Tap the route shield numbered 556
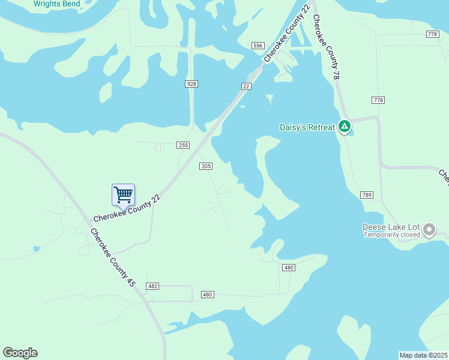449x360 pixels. pyautogui.click(x=258, y=46)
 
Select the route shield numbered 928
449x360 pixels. pyautogui.click(x=191, y=84)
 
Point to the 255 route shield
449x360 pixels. pyautogui.click(x=183, y=145)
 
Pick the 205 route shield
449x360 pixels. pyautogui.click(x=206, y=166)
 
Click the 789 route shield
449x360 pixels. pyautogui.click(x=367, y=195)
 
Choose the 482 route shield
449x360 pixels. pyautogui.click(x=152, y=286)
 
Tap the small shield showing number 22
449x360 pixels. pyautogui.click(x=246, y=86)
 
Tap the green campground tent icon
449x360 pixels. pyautogui.click(x=345, y=127)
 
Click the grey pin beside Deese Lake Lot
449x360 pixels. pyautogui.click(x=429, y=229)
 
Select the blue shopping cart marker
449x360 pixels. pyautogui.click(x=123, y=195)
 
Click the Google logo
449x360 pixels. pyautogui.click(x=20, y=353)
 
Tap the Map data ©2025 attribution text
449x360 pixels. pyautogui.click(x=423, y=355)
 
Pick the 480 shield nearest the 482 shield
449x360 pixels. pyautogui.click(x=207, y=295)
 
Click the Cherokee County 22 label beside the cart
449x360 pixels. pyautogui.click(x=127, y=209)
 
